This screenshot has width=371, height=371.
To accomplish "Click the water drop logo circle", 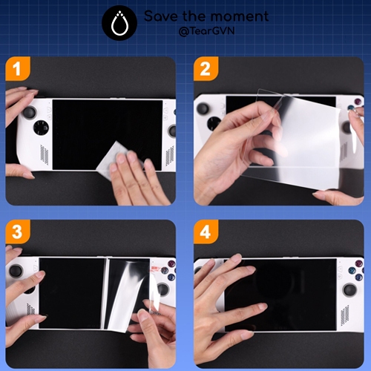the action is (119, 23).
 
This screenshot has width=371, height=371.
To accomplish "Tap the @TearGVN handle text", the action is (206, 31).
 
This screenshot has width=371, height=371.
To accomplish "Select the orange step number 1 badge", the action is (18, 69).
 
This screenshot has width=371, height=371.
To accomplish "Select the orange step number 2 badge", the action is (206, 69).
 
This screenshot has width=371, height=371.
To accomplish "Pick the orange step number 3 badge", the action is (18, 232).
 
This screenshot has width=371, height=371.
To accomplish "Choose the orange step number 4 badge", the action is (206, 232).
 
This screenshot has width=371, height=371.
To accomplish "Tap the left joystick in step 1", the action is (30, 113).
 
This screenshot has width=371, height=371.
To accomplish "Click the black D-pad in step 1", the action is (41, 128).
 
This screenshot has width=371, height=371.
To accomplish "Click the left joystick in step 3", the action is (16, 271).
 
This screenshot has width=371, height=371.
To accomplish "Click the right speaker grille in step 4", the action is (345, 315).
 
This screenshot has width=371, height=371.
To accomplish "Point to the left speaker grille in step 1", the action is (45, 154).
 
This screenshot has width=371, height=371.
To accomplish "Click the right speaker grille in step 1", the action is (170, 155).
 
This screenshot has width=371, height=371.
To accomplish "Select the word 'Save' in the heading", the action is (161, 16).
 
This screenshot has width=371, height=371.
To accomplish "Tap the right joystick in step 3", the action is (162, 290).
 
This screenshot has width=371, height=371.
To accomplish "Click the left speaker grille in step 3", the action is (30, 309).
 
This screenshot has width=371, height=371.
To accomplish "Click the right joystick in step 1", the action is (172, 131).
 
